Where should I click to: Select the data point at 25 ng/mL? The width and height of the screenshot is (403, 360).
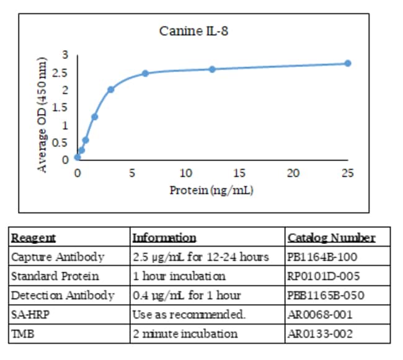click(348, 63)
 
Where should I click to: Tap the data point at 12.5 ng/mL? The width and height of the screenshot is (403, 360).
click(212, 69)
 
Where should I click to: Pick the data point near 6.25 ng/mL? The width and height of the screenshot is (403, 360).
click(145, 73)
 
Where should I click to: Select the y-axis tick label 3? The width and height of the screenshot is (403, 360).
click(64, 55)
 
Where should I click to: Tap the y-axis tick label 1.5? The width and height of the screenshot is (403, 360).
click(61, 107)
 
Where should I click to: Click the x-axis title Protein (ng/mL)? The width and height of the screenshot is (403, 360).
click(211, 190)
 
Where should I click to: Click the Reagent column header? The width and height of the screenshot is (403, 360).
click(33, 237)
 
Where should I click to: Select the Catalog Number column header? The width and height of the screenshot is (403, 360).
click(331, 237)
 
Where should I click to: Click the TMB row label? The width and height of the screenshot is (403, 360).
click(24, 333)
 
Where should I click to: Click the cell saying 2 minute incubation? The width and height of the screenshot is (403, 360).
click(185, 333)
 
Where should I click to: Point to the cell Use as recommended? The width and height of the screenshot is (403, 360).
click(189, 314)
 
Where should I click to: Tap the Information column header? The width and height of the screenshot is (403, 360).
click(164, 237)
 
